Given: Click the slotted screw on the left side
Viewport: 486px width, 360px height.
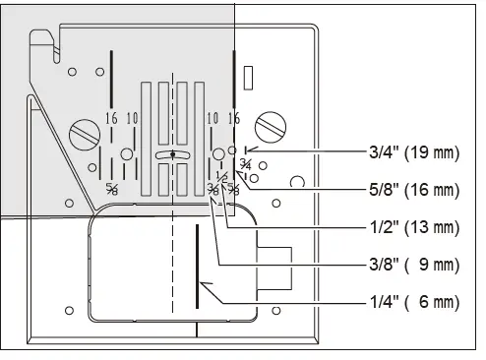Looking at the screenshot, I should (82, 132).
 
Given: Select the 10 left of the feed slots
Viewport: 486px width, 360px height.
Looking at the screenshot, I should (132, 118).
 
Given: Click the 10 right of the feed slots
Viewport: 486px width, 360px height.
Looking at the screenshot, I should (213, 118).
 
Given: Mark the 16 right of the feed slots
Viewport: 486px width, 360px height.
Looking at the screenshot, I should (233, 118).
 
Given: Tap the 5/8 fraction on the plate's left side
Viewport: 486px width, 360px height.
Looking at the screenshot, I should (112, 188).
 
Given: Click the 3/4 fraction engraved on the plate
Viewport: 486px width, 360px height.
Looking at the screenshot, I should (245, 164).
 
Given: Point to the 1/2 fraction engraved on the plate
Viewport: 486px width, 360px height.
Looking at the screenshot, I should (220, 177).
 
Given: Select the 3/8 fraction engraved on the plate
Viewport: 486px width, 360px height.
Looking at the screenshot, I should (213, 190).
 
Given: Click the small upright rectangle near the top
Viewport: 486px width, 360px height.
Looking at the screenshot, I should (248, 74).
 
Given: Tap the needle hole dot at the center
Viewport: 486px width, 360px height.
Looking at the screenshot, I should (172, 154).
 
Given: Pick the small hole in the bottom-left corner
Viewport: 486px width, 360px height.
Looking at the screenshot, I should (68, 311).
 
